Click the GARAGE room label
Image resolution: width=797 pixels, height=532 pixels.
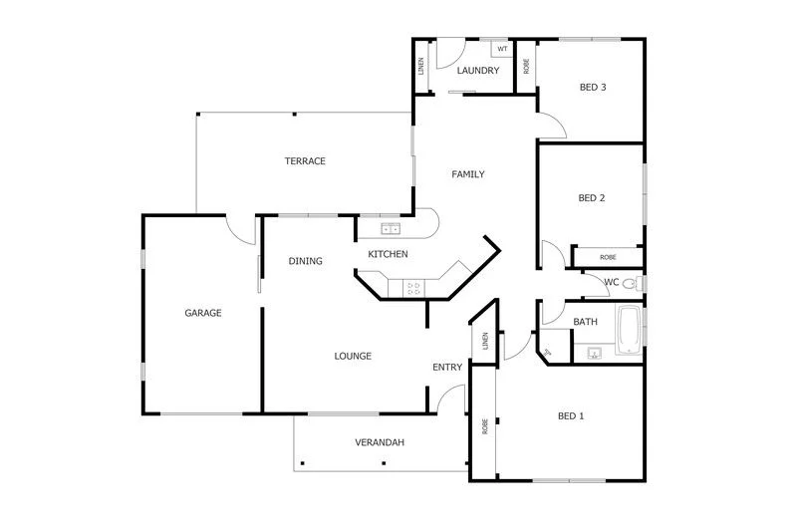pyautogui.click(x=202, y=313)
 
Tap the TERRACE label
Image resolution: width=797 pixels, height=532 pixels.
pyautogui.click(x=305, y=161)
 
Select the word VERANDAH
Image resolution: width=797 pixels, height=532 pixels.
pyautogui.click(x=380, y=442)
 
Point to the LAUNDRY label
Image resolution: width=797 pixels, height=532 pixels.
pyautogui.click(x=478, y=71)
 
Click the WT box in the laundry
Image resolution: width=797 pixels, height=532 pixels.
pyautogui.click(x=502, y=49)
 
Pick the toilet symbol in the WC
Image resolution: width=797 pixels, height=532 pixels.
pyautogui.click(x=629, y=283)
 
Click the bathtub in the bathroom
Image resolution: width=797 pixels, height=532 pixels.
pyautogui.click(x=630, y=331)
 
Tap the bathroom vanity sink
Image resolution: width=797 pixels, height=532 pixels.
pyautogui.click(x=594, y=352)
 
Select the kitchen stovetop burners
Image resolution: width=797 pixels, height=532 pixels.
pyautogui.click(x=413, y=289)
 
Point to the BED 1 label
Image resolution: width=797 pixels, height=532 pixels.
pyautogui.click(x=570, y=415)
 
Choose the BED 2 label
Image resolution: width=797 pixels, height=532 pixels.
pyautogui.click(x=592, y=197)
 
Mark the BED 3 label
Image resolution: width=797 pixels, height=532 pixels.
pyautogui.click(x=593, y=87)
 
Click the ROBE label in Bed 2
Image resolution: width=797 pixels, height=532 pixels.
pyautogui.click(x=608, y=257)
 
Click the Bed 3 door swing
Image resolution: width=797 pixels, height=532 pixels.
pyautogui.click(x=554, y=125)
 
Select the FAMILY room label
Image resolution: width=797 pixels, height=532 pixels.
pyautogui.click(x=468, y=174)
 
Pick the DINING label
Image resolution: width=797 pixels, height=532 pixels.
pyautogui.click(x=306, y=262)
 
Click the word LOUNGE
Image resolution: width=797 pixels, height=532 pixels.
pyautogui.click(x=353, y=356)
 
